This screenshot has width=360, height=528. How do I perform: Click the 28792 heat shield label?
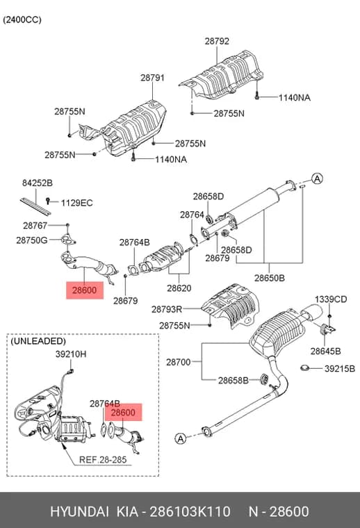(x=217, y=41)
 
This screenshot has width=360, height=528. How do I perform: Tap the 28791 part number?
(x=153, y=78)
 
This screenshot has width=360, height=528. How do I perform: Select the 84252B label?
(x=38, y=183)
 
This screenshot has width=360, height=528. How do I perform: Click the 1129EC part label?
(x=76, y=203)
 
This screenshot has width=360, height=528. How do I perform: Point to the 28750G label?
(x=32, y=240)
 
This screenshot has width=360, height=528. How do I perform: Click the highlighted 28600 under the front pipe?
(x=85, y=290)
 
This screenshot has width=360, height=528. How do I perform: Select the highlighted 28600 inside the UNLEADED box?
(x=123, y=412)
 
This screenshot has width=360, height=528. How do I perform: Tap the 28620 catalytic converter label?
(x=179, y=288)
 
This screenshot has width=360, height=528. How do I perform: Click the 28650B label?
(x=270, y=278)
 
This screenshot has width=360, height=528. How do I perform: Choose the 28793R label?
(x=167, y=309)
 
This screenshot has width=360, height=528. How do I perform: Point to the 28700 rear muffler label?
(x=179, y=363)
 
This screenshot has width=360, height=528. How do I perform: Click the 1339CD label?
(x=331, y=299)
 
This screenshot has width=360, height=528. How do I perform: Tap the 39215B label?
(x=340, y=369)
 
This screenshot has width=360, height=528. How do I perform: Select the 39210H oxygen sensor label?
(x=71, y=354)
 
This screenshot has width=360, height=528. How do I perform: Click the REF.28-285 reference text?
(x=103, y=460)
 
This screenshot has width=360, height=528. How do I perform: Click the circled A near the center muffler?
(x=317, y=179)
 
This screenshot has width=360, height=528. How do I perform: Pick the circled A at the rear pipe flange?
(x=181, y=438)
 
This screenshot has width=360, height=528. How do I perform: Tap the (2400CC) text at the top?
(x=22, y=20)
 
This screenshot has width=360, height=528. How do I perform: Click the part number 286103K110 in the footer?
(x=190, y=511)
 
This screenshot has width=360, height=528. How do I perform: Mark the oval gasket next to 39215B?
(x=305, y=368)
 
